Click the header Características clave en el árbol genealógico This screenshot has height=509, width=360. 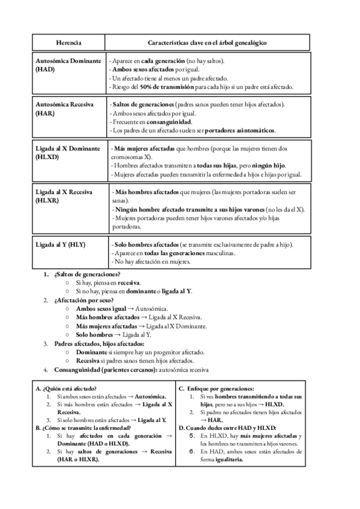click(208, 43)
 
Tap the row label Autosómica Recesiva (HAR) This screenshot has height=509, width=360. click(65, 108)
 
